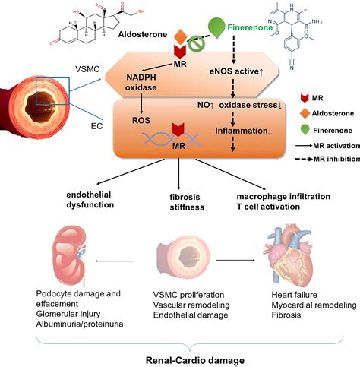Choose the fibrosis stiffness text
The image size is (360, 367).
coord(176,199)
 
